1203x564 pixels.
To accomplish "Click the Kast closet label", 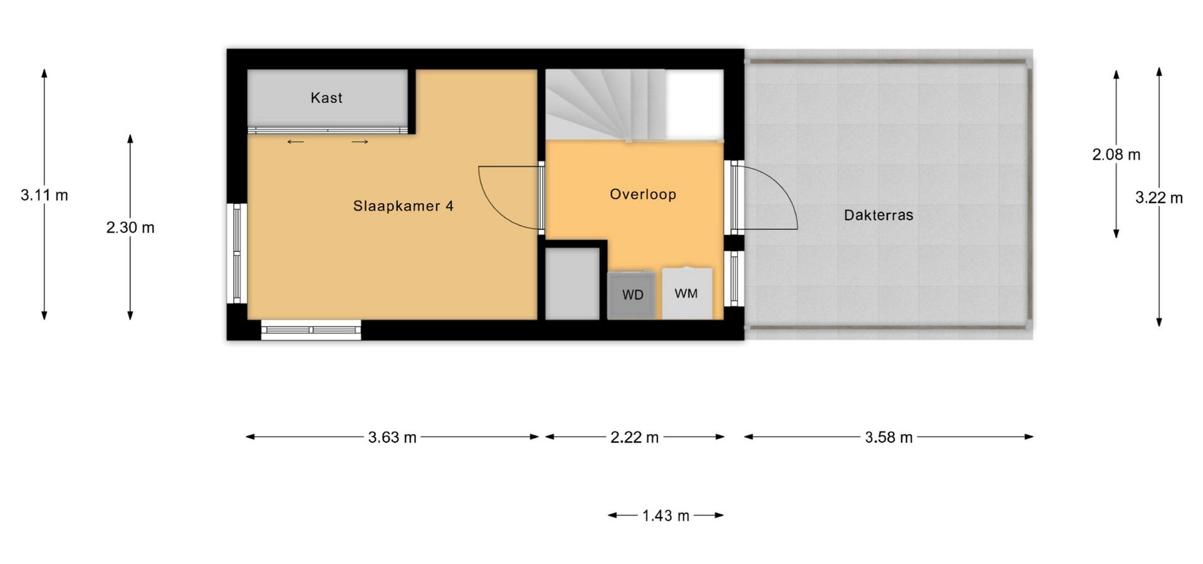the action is [326, 98].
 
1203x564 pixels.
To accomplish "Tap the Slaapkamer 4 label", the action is [403, 206].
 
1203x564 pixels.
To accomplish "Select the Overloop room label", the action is [643, 194].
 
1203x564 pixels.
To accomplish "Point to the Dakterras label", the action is [878, 215].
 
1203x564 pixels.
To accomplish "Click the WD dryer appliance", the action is [632, 295].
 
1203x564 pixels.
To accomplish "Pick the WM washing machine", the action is [687, 293].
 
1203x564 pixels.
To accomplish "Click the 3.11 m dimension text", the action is [44, 196].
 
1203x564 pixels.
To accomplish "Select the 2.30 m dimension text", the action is [130, 227].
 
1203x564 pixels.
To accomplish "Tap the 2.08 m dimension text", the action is [1117, 155].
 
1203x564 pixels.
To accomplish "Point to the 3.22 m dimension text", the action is [1159, 198].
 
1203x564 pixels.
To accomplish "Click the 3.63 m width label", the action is [392, 437].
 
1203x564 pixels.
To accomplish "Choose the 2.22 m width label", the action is [635, 437].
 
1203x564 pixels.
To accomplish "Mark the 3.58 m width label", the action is [888, 437].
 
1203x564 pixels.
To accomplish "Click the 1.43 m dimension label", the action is [665, 516].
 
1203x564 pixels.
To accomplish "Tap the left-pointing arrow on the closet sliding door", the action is [295, 142].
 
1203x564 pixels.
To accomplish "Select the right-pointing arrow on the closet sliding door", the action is [360, 142].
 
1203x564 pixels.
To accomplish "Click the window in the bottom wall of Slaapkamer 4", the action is [311, 330].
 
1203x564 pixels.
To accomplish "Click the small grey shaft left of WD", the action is [572, 284].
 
